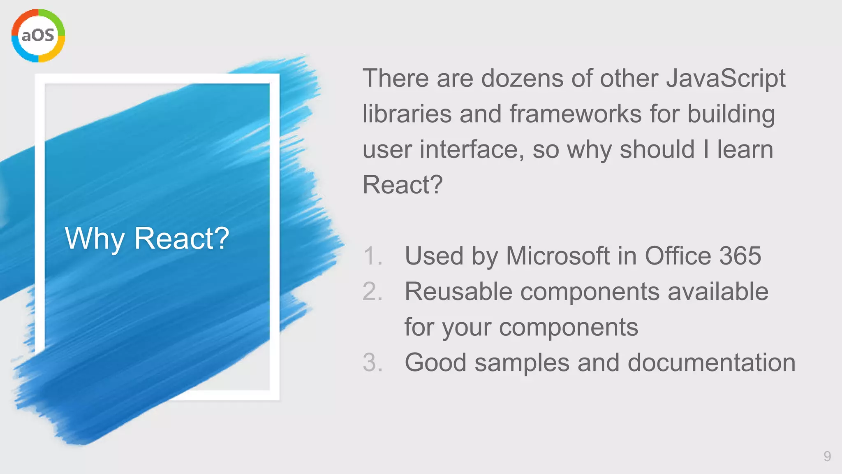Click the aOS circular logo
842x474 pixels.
(x=38, y=36)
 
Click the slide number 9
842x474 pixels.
(x=827, y=456)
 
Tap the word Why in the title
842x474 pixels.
(x=95, y=239)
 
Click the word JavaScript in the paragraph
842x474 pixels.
(x=725, y=78)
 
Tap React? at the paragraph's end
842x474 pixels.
(x=402, y=185)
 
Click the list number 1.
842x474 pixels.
(x=372, y=256)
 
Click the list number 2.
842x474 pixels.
(x=372, y=292)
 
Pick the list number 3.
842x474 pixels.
(x=372, y=362)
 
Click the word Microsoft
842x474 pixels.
(x=557, y=256)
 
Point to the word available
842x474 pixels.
(x=718, y=292)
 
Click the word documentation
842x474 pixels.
(x=711, y=362)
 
